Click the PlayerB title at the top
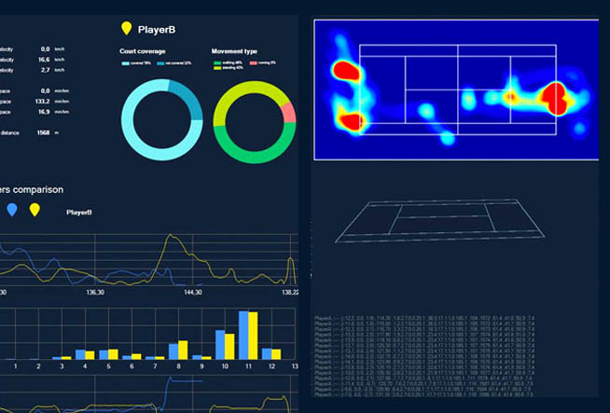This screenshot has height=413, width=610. click(157, 30)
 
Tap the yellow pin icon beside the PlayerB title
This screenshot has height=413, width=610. click(126, 29)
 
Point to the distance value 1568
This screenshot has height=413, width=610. click(43, 132)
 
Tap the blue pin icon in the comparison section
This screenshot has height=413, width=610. click(11, 210)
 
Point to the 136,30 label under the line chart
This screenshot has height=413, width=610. click(94, 292)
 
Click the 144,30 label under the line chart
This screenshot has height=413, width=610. click(193, 292)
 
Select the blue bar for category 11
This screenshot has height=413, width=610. click(244, 335)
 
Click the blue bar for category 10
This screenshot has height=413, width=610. click(220, 344)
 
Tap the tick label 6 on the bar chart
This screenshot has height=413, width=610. click(131, 367)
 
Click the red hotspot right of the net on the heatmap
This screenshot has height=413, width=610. click(557, 95)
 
